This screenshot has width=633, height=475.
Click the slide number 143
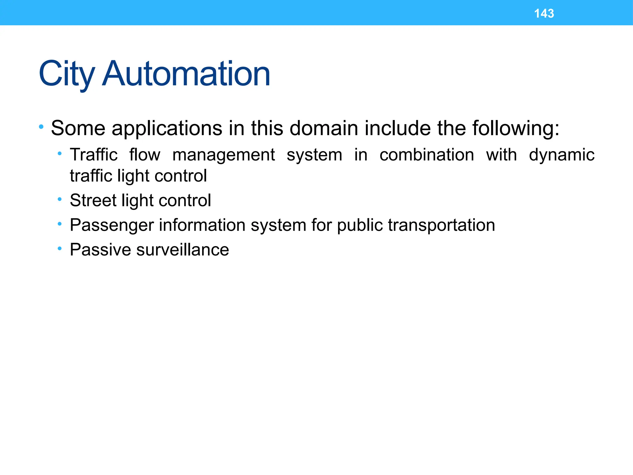544,14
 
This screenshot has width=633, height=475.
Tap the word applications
167,128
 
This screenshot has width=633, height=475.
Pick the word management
223,155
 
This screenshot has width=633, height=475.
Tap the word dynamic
562,155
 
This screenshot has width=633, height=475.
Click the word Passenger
112,225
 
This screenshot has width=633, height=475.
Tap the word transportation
441,225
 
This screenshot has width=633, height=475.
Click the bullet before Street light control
60,199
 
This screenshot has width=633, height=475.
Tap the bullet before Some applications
41,126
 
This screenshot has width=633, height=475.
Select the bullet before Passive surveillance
60,249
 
